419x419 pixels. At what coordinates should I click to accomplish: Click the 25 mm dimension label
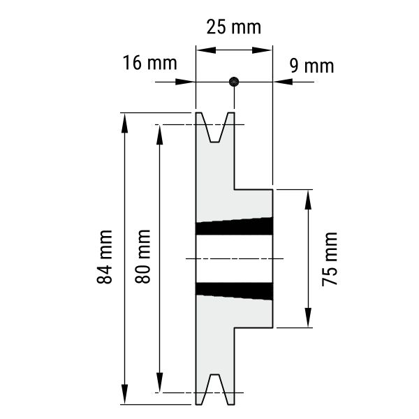[233, 27]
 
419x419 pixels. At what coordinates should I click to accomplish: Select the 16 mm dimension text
[150, 63]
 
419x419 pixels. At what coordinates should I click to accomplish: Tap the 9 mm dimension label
[312, 66]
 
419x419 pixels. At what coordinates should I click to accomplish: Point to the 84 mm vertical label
[105, 256]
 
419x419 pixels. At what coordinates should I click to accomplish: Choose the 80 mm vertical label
[142, 256]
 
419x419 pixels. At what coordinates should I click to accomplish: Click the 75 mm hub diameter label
[330, 259]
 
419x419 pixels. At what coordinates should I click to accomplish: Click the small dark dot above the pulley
[234, 82]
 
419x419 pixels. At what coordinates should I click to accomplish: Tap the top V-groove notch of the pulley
[215, 127]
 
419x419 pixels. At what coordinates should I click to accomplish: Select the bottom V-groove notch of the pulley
[215, 390]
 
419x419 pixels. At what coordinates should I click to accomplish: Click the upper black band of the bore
[235, 226]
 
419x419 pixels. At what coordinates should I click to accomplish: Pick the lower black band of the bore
[235, 291]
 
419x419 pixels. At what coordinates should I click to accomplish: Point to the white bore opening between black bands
[235, 258]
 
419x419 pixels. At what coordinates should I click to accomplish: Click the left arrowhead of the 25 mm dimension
[206, 50]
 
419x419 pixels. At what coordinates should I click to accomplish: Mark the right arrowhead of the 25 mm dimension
[262, 50]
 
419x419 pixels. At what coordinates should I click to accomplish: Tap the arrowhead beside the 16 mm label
[185, 82]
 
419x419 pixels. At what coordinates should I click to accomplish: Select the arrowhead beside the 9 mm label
[283, 82]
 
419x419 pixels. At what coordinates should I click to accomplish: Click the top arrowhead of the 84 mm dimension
[124, 123]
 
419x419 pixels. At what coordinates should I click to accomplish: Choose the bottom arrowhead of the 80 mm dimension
[159, 383]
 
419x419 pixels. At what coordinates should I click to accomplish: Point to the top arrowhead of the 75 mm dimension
[308, 200]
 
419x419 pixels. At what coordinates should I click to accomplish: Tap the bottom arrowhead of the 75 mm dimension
[308, 318]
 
